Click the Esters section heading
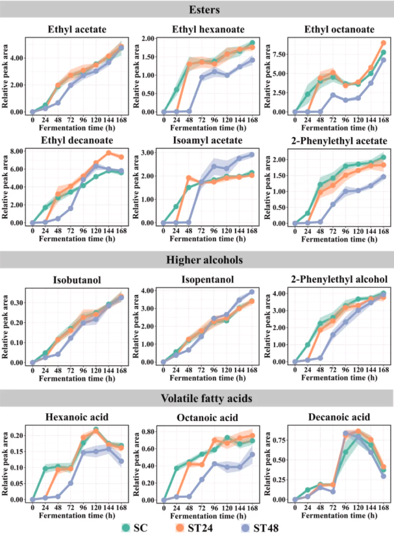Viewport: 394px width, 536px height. (x=197, y=10)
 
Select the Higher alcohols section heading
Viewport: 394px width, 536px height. (x=197, y=260)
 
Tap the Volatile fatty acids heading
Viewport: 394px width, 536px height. (x=197, y=398)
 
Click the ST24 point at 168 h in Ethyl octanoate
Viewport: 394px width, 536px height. (x=384, y=44)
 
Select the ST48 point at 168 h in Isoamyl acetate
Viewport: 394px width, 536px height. (x=251, y=155)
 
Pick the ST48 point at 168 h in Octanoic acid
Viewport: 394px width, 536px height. (x=251, y=454)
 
